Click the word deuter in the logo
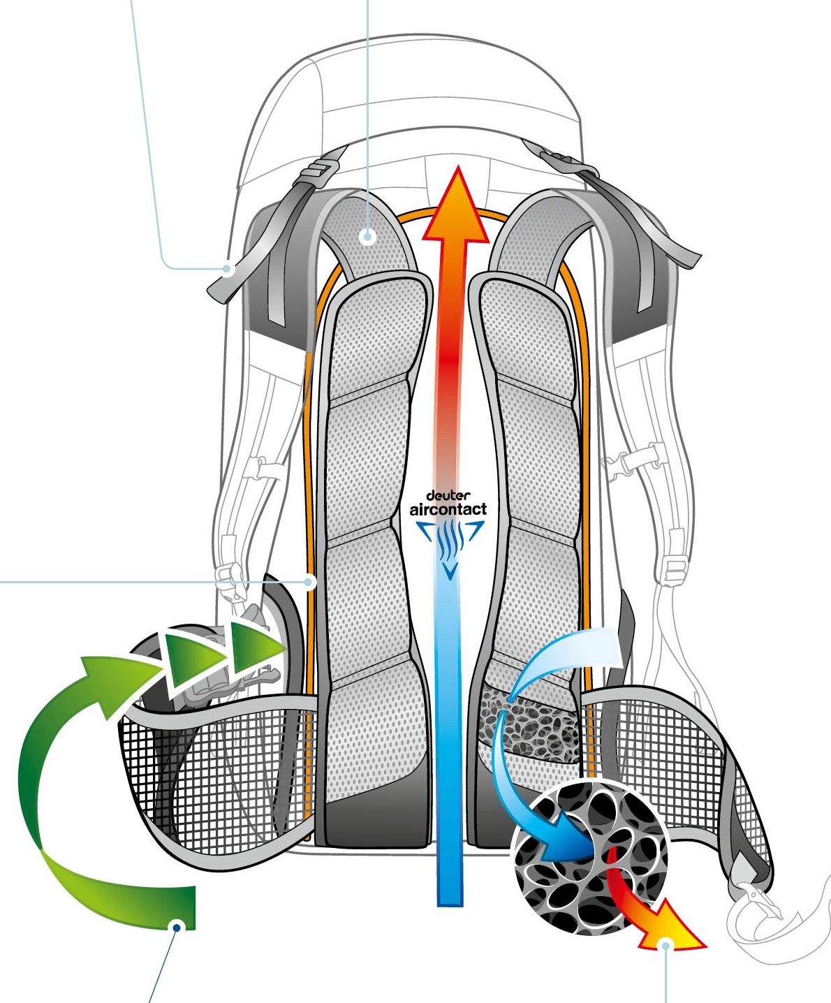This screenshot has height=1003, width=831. click(x=448, y=496)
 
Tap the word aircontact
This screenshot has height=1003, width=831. click(x=448, y=509)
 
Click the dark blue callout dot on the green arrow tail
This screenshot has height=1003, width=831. click(x=177, y=927)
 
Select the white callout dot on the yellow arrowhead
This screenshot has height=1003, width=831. click(x=667, y=945)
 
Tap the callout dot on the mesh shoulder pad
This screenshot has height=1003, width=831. click(x=368, y=237)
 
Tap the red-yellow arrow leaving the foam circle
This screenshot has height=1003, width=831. click(x=649, y=915)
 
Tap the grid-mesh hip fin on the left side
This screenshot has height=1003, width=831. click(x=209, y=775)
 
